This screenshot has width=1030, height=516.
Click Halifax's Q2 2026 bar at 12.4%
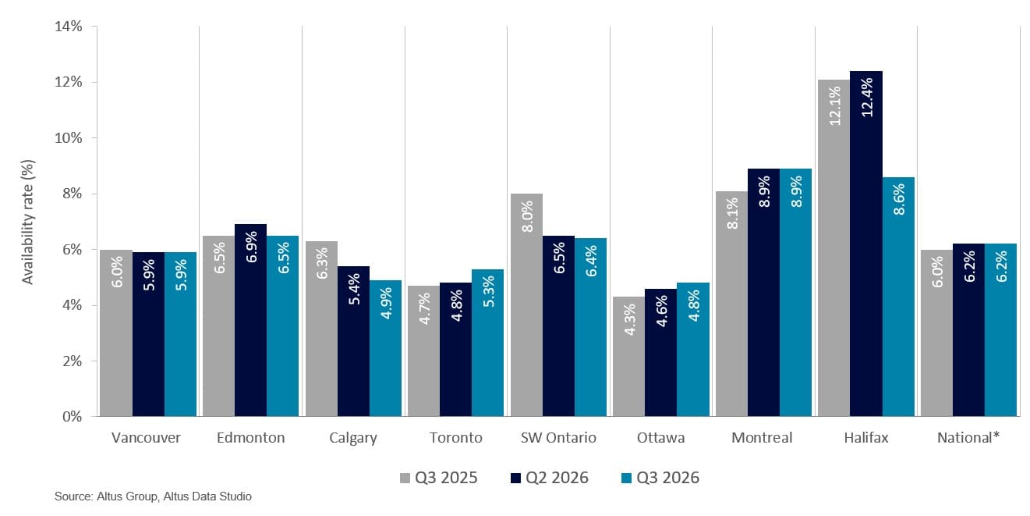tap(865, 244)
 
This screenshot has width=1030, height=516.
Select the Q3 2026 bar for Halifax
tap(898, 297)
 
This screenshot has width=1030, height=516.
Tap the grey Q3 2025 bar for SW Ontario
tap(526, 304)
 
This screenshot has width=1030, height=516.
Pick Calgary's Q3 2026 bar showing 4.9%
tap(385, 348)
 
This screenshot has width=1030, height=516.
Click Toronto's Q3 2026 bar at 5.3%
tap(488, 343)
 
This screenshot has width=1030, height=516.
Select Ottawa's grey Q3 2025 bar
tap(629, 356)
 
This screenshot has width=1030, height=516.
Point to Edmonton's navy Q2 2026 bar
tap(250, 320)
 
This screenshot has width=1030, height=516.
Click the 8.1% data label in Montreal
tap(732, 214)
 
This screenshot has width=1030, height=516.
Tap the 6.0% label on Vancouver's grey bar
tap(117, 272)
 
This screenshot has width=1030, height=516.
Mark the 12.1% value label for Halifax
tap(834, 106)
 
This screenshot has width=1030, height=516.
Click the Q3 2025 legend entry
tap(439, 478)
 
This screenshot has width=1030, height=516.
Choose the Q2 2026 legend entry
tap(550, 478)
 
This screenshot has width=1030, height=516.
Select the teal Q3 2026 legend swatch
tap(626, 479)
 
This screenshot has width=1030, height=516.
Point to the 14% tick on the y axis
tap(69, 27)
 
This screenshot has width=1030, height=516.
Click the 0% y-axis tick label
tap(73, 417)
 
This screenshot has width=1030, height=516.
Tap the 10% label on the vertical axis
tap(69, 138)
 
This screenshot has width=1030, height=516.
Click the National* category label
tap(968, 437)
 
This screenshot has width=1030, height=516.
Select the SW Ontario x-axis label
tap(558, 437)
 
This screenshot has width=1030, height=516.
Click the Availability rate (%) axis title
tap(27, 222)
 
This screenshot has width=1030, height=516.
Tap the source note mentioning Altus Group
tap(153, 496)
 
